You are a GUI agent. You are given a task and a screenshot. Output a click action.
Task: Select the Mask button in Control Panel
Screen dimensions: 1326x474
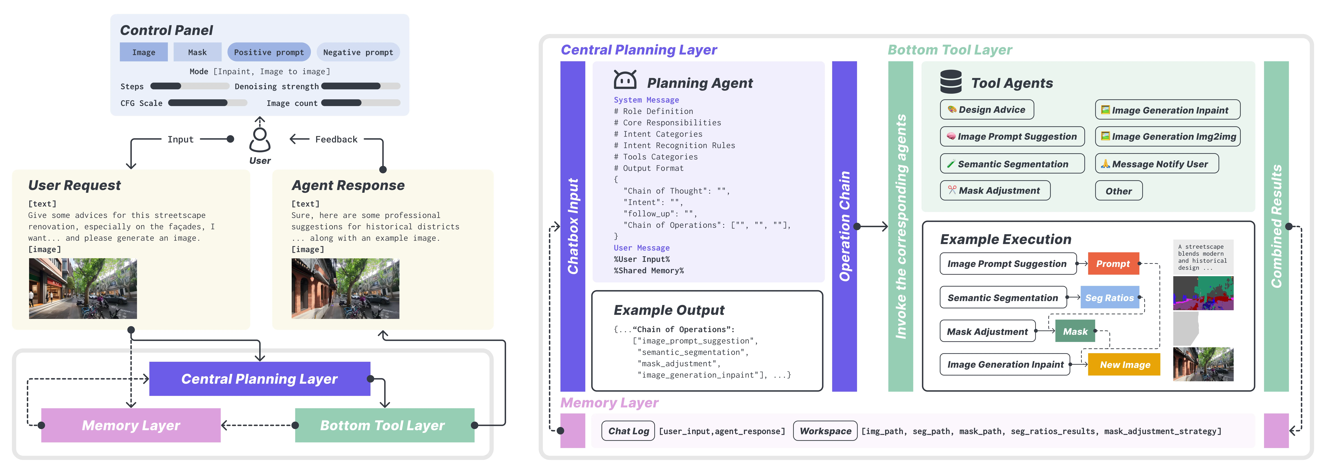[x=197, y=52]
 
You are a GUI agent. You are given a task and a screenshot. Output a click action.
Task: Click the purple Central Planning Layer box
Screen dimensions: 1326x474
[x=259, y=379]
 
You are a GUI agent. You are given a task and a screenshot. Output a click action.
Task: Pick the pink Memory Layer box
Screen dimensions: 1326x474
[x=131, y=425]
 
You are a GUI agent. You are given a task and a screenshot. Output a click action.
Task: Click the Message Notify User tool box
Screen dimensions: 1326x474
[x=1157, y=164]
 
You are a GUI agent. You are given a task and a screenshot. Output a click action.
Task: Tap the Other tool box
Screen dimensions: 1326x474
[x=1118, y=190]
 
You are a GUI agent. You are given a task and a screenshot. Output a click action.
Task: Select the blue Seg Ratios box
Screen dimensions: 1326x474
[x=1109, y=297]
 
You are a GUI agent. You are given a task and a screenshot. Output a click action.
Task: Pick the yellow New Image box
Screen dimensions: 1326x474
[x=1124, y=364]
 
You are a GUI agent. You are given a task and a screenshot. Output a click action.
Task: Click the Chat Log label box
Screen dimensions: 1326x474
[x=629, y=431]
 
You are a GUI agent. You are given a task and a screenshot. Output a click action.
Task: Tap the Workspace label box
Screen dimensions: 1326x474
[x=825, y=431]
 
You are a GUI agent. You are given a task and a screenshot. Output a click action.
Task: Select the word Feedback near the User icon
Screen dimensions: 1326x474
[x=336, y=139]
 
